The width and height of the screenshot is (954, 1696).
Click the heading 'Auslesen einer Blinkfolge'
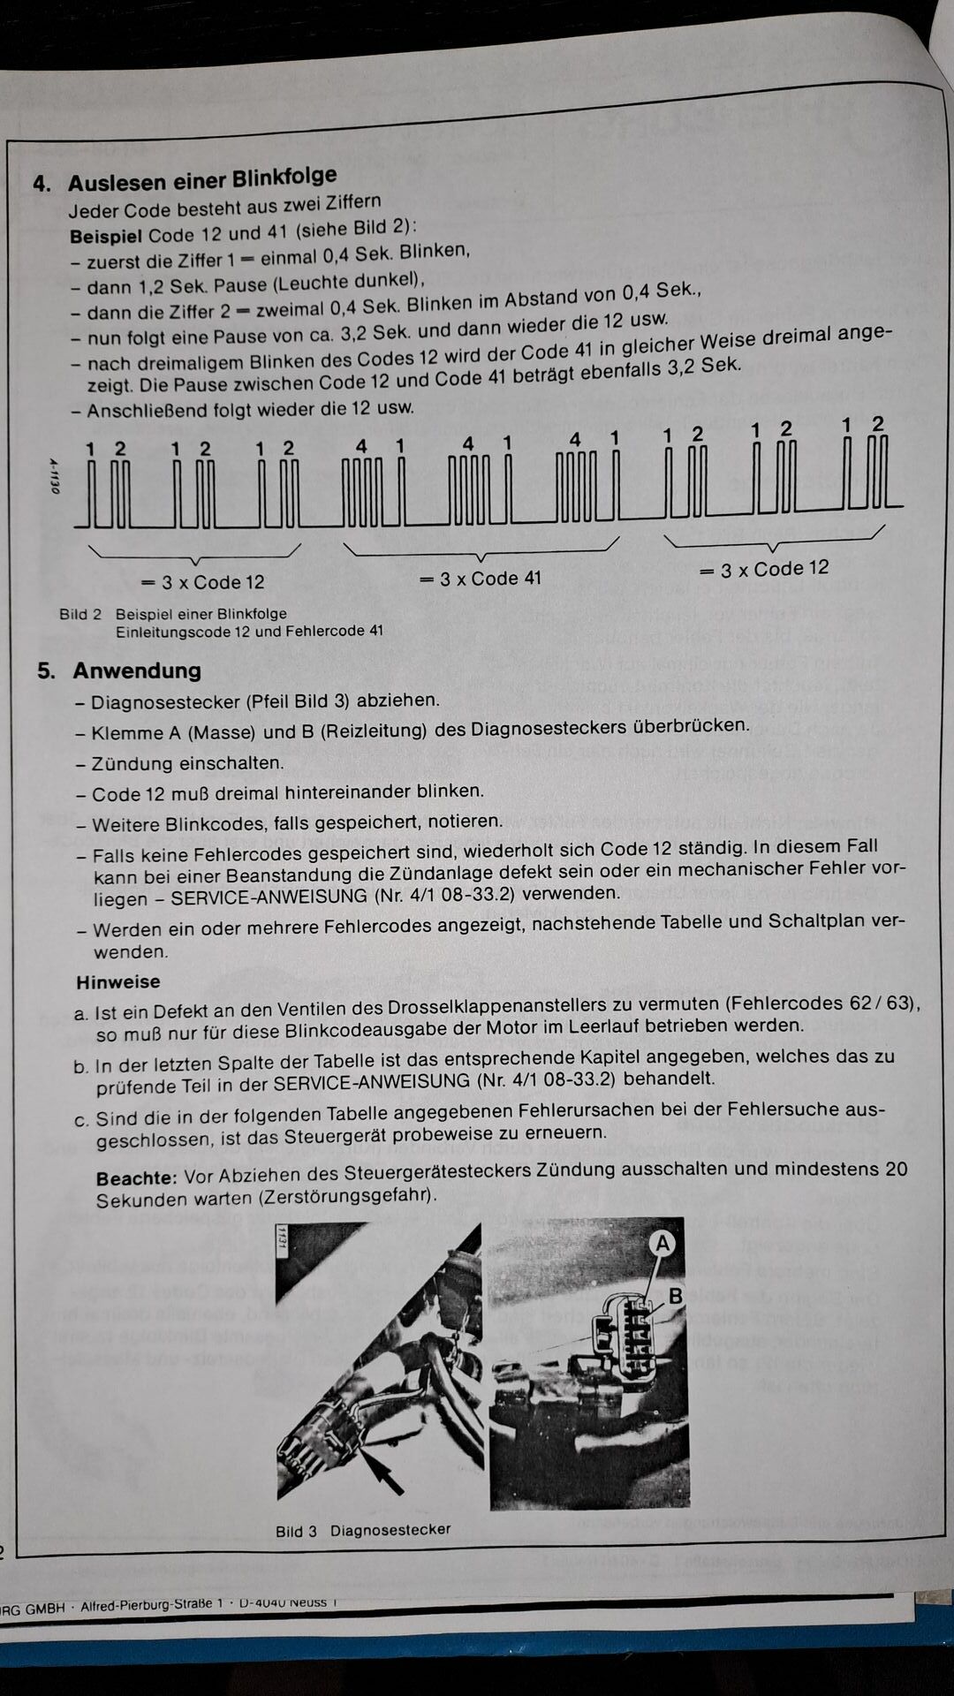(202, 179)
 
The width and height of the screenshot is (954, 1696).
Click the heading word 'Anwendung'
(137, 670)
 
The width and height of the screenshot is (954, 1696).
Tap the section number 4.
(42, 184)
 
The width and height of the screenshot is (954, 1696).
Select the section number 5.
(46, 671)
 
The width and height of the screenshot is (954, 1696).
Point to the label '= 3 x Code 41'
(480, 579)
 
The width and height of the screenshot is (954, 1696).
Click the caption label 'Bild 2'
(80, 614)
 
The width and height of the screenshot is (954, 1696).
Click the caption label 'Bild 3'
(296, 1531)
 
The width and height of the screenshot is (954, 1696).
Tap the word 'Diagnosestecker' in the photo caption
(390, 1530)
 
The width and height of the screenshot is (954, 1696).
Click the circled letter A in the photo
(661, 1244)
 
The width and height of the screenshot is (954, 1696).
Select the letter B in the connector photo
(676, 1296)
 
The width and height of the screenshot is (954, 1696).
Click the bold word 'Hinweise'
(118, 982)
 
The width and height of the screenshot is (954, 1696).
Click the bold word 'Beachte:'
(137, 1178)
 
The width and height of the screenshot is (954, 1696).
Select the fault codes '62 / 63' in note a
(885, 1004)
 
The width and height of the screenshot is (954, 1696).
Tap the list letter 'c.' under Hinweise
(82, 1121)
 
